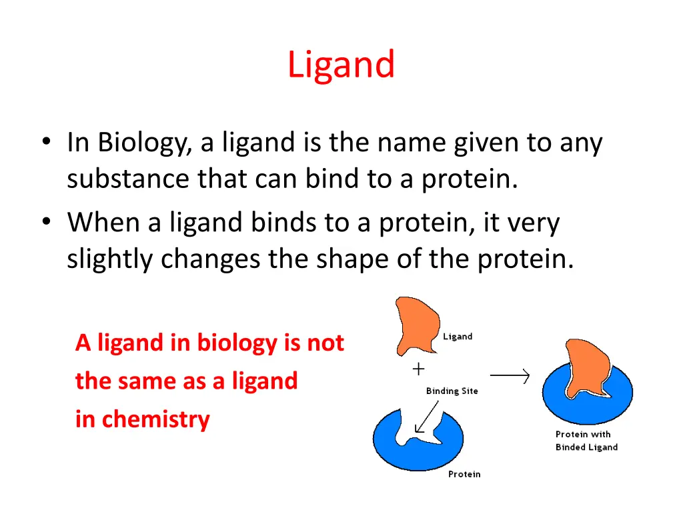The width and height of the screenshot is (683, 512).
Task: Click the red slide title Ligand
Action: pyautogui.click(x=341, y=65)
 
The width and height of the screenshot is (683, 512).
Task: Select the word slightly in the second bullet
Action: pyautogui.click(x=109, y=259)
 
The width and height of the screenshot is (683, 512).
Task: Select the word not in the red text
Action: pyautogui.click(x=325, y=343)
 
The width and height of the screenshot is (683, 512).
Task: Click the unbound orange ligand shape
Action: pyautogui.click(x=415, y=326)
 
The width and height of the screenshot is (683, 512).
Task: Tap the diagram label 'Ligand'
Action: pyautogui.click(x=458, y=337)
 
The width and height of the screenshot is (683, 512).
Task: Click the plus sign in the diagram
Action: pyautogui.click(x=418, y=368)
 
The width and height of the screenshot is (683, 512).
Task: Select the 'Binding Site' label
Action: pyautogui.click(x=452, y=391)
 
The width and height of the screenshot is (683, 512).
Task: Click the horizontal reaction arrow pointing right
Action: pyautogui.click(x=510, y=377)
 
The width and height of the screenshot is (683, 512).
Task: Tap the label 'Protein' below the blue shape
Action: pyautogui.click(x=464, y=474)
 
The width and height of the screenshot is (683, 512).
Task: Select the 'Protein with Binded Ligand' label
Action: pyautogui.click(x=586, y=441)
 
